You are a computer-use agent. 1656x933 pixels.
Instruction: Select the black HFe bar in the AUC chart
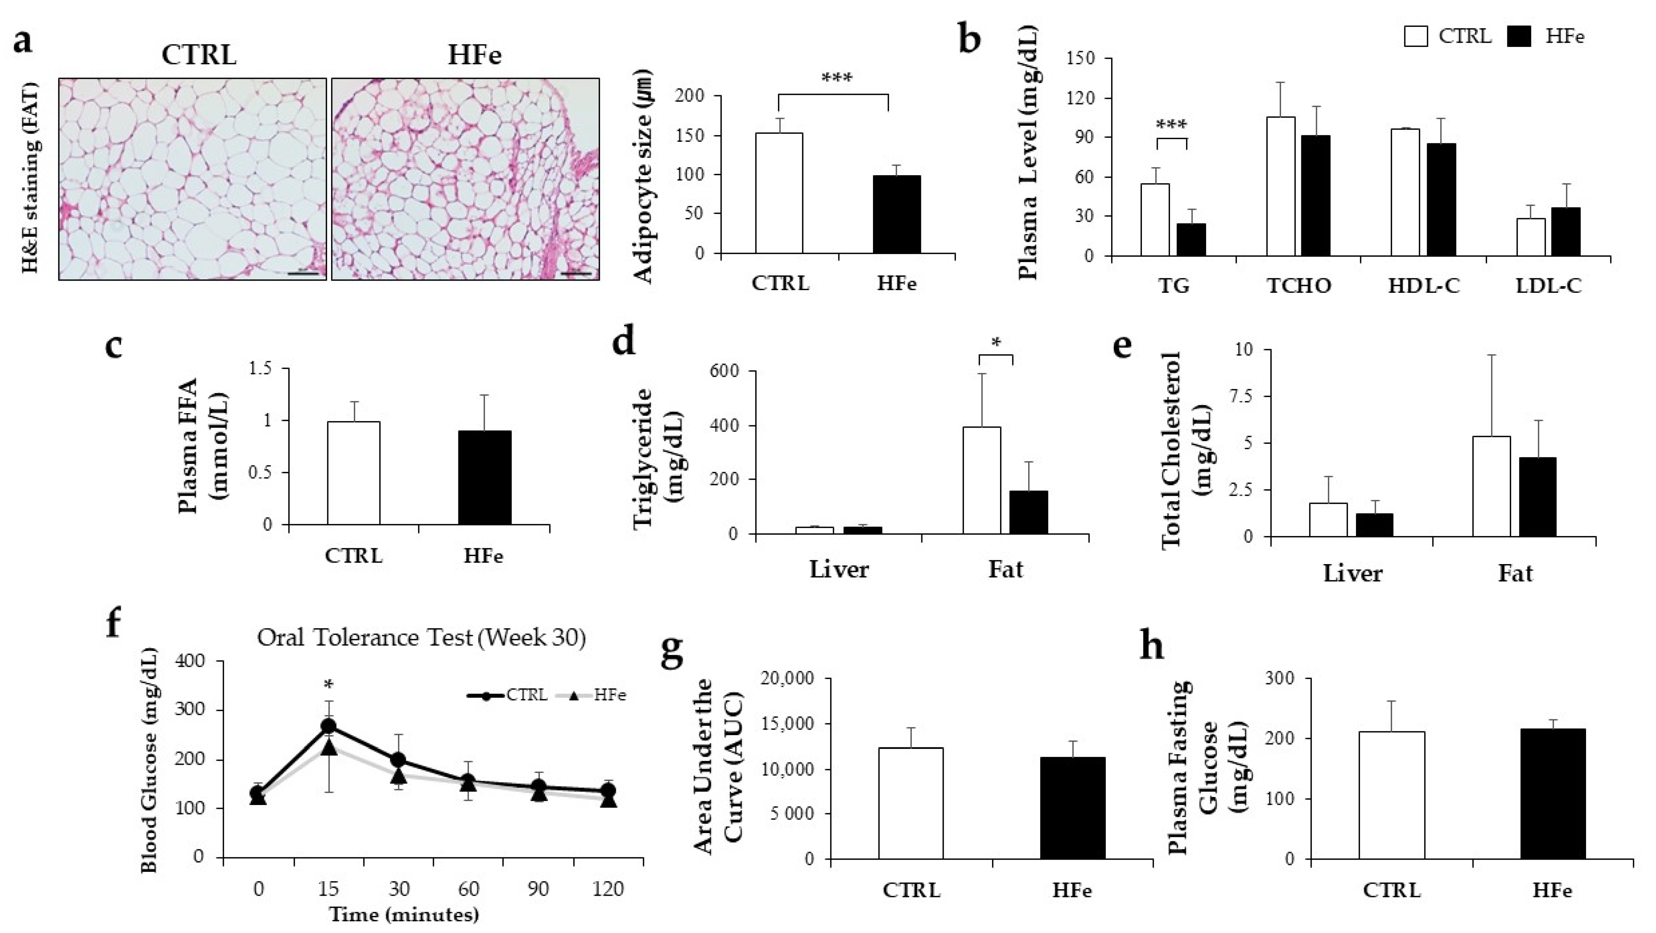coord(1072,808)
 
